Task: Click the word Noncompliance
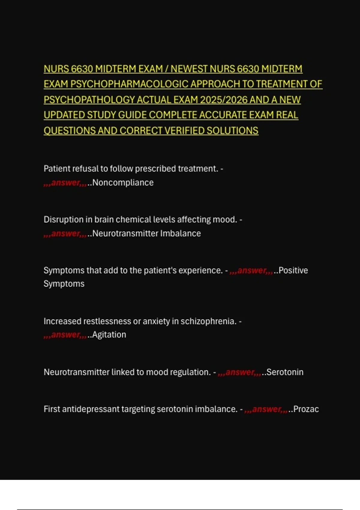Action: point(123,182)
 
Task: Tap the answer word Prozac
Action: point(306,409)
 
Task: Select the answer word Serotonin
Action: point(285,372)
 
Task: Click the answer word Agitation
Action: point(109,334)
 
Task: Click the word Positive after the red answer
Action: point(293,270)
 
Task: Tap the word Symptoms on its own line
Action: point(64,283)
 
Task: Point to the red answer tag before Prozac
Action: point(266,409)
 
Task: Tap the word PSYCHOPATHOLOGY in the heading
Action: point(89,100)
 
